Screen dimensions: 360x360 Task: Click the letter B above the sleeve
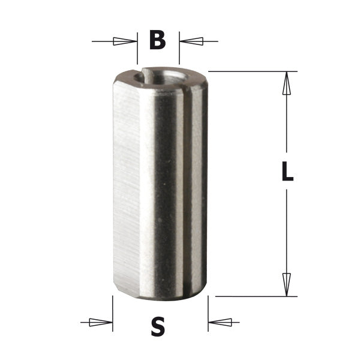[157, 41]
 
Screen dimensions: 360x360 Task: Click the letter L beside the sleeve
[287, 173]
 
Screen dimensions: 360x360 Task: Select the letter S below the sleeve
[158, 327]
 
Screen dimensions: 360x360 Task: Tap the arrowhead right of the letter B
[191, 41]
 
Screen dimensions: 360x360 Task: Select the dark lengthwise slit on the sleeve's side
[185, 180]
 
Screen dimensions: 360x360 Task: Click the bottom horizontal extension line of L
[252, 296]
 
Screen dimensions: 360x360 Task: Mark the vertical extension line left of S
[113, 312]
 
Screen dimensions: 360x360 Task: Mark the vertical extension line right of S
[208, 312]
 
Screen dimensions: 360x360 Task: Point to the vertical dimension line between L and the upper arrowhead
[287, 126]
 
